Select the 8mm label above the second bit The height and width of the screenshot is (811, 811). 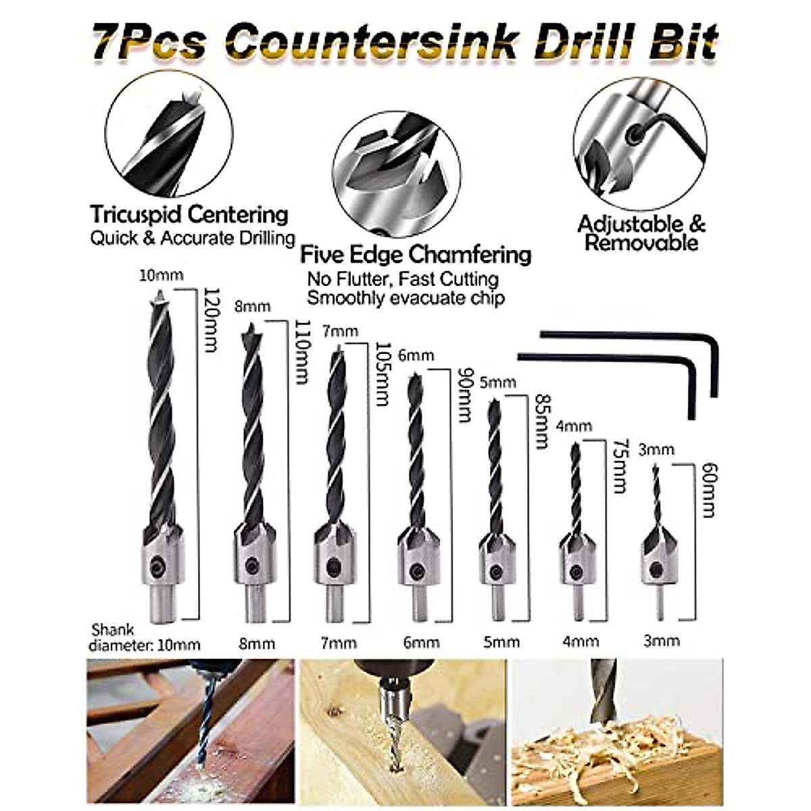click(x=252, y=306)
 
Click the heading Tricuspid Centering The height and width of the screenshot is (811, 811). click(x=189, y=216)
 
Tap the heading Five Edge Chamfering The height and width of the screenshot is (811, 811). click(x=416, y=255)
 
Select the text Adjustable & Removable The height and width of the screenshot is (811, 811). click(x=641, y=233)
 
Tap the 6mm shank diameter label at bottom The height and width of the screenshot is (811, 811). click(x=421, y=643)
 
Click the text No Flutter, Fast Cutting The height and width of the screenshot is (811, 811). click(x=403, y=278)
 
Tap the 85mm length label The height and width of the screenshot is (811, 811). click(x=540, y=422)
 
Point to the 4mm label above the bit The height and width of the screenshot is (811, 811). click(x=574, y=426)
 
